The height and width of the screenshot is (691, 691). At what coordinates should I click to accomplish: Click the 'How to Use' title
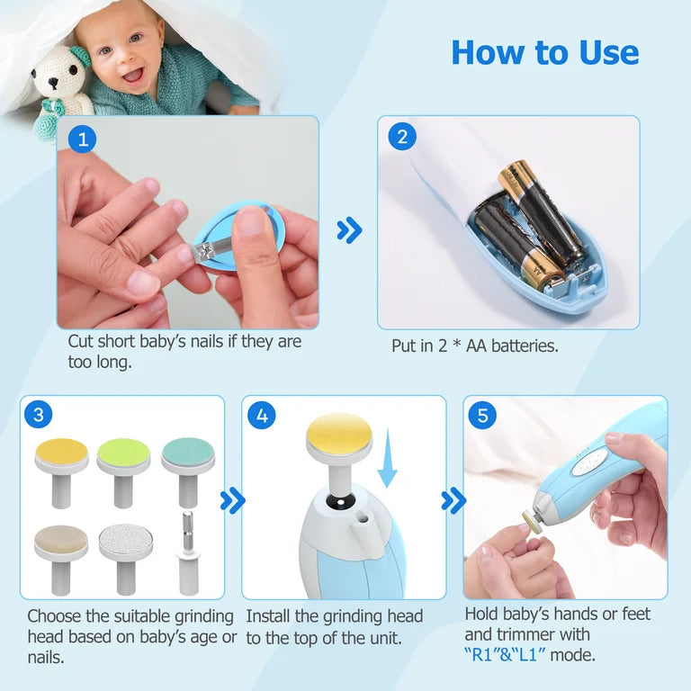click(544, 52)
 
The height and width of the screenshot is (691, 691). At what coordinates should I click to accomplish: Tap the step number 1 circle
click(83, 139)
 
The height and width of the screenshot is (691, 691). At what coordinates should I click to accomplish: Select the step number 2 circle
click(401, 138)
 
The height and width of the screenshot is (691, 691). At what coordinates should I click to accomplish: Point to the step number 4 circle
click(262, 416)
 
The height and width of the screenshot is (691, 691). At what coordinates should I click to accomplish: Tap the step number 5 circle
click(483, 416)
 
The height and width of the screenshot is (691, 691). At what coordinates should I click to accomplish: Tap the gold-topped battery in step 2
click(533, 211)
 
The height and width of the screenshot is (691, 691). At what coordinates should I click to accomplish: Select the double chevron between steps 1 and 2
click(349, 231)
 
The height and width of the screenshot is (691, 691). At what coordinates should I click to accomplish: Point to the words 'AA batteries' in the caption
click(513, 345)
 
